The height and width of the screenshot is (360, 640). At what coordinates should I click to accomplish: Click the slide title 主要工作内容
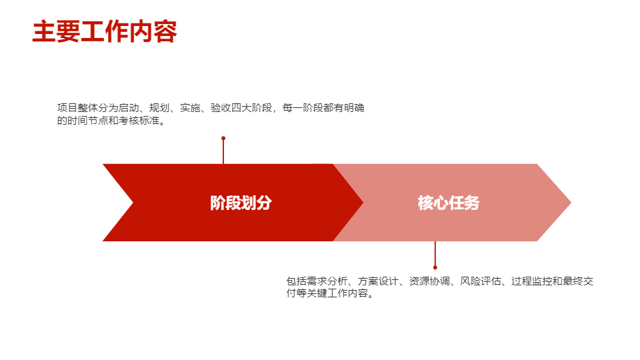105,32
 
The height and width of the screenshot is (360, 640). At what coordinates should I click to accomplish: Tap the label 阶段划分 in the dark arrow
241,203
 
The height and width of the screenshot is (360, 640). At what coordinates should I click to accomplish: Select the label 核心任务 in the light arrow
448,203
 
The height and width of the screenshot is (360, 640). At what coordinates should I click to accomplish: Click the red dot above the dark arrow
223,139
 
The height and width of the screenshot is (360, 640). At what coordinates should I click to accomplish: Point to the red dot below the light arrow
435,267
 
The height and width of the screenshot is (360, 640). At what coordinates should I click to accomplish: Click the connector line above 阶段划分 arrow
223,151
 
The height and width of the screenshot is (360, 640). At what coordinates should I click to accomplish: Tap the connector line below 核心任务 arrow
435,254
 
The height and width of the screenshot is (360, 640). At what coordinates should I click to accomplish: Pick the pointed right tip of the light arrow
571,203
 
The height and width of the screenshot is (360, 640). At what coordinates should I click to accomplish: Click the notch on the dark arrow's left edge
133,203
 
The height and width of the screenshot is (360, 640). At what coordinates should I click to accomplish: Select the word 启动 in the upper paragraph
129,108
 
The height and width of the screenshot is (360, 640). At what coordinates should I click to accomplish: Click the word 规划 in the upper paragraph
159,108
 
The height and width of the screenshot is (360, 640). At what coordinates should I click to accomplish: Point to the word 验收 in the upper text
221,108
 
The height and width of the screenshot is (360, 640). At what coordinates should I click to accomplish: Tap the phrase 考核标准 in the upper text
139,121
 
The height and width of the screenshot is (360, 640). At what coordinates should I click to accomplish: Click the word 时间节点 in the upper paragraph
88,121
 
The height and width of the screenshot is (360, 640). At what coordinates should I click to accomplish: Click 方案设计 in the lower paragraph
378,281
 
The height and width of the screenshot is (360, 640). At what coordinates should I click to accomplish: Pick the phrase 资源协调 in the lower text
429,281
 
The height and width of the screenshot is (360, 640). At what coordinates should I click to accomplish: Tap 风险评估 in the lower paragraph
481,281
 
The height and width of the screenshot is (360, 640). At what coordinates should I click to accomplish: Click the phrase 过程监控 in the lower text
531,281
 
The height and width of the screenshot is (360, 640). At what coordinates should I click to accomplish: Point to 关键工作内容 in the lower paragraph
337,293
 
